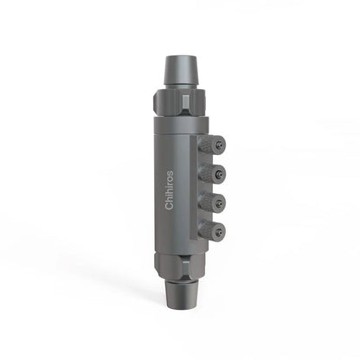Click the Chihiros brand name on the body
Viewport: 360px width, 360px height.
point(169,188)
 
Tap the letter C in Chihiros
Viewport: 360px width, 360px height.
point(169,207)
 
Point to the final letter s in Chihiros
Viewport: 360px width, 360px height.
point(169,170)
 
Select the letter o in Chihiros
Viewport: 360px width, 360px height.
point(169,175)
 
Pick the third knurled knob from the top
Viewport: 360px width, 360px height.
point(213,202)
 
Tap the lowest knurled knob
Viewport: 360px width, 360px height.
point(213,231)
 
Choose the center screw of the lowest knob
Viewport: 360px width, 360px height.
point(222,231)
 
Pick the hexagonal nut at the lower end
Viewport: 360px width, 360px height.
point(181,264)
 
